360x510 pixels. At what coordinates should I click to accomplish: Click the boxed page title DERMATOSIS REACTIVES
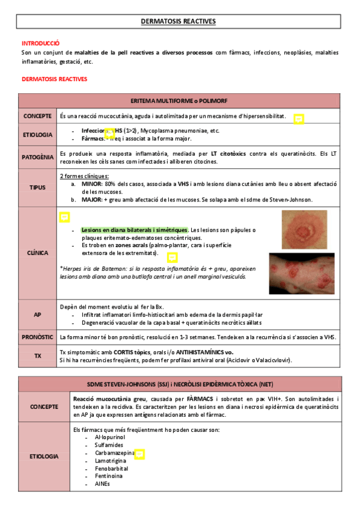click(178, 22)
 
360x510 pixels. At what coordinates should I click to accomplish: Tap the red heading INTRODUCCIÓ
click(41, 43)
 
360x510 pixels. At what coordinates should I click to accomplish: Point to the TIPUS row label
click(37, 187)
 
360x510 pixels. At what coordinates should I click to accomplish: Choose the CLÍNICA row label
click(37, 253)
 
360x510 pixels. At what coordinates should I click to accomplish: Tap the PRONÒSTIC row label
click(37, 337)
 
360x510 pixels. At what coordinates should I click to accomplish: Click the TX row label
click(37, 356)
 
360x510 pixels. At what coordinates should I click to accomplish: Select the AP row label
click(37, 315)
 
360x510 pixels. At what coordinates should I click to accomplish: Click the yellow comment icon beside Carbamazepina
click(139, 453)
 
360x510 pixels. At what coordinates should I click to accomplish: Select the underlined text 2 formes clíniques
click(84, 176)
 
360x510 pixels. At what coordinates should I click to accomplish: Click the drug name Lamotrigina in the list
click(111, 460)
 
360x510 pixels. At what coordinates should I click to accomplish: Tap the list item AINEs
click(102, 483)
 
